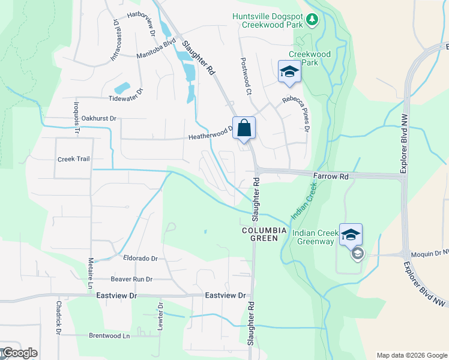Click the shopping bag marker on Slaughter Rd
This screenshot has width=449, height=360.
[244, 128]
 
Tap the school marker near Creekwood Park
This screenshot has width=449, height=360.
[289, 72]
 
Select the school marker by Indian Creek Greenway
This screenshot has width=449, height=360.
[351, 235]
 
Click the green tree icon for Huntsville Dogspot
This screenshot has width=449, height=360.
[312, 20]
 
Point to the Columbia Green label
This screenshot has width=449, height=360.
[260, 234]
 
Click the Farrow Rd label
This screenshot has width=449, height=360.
[331, 177]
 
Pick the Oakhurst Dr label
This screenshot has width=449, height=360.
[98, 119]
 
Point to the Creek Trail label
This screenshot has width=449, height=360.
[73, 159]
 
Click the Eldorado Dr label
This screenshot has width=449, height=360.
[139, 259]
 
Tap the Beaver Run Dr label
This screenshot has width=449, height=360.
[131, 279]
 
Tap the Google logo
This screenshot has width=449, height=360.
[19, 353]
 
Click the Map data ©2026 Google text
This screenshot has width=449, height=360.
[412, 355]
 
